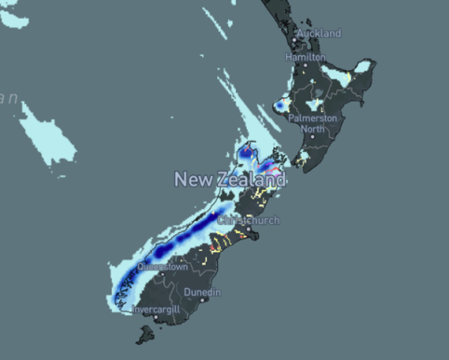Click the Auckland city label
point(320,34)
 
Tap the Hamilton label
point(306,57)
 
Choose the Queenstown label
point(164,267)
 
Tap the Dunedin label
point(202,293)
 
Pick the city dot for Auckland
point(301,40)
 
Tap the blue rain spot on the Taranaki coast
point(279,106)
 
